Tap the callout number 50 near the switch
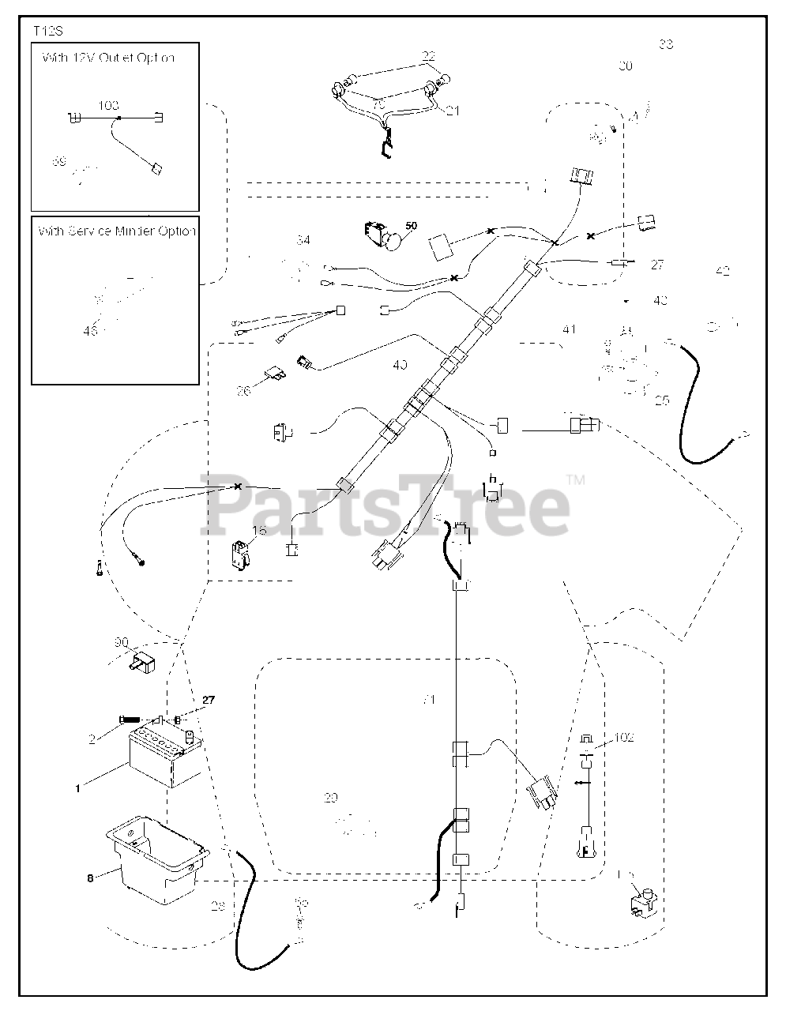[411, 226]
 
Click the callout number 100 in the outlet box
[109, 105]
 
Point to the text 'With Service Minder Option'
[115, 231]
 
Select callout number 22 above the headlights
[428, 56]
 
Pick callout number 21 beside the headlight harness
[452, 111]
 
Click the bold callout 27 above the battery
[208, 700]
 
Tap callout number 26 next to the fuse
[243, 389]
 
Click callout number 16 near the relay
[259, 530]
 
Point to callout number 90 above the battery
[121, 644]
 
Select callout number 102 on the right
[624, 738]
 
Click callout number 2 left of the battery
[92, 739]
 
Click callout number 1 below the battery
[78, 787]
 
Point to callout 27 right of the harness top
[657, 265]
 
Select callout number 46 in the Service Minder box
[90, 331]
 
